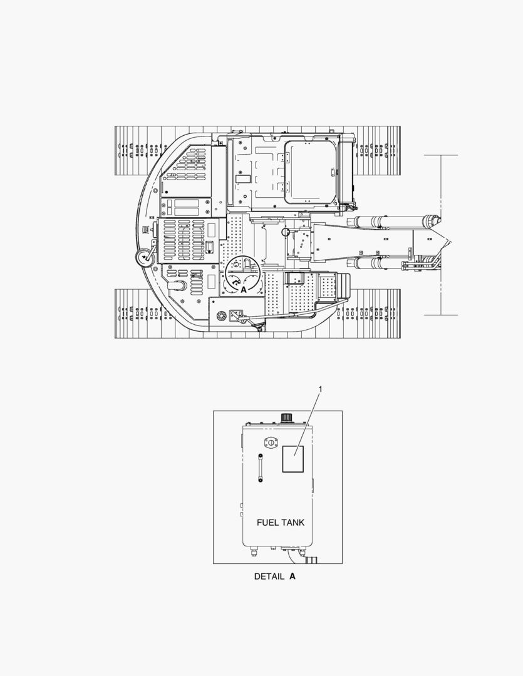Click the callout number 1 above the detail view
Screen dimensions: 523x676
coord(320,389)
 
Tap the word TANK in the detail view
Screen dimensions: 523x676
coord(293,523)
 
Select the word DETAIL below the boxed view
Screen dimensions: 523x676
coord(269,576)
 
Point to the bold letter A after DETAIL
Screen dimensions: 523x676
coord(293,576)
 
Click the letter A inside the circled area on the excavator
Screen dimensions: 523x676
coord(244,290)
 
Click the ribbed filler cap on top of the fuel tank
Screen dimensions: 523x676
coord(286,417)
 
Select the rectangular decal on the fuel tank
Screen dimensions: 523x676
coord(293,459)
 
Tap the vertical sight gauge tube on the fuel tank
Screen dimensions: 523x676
coord(260,468)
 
